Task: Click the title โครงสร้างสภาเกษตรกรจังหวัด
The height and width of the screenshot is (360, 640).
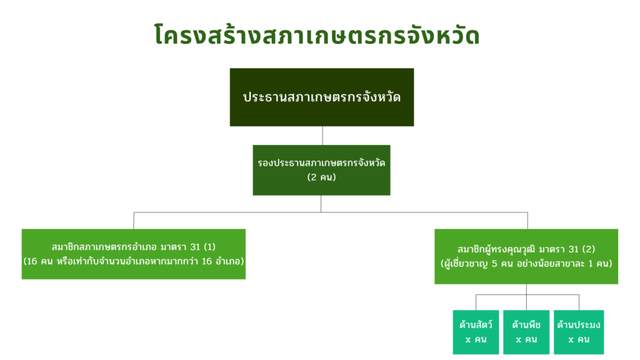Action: click(x=317, y=34)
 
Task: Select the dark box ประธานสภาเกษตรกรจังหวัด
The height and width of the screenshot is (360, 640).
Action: click(x=322, y=97)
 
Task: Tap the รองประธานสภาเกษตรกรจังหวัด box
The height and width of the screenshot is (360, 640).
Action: click(x=322, y=170)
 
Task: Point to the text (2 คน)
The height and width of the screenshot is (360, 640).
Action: click(x=322, y=177)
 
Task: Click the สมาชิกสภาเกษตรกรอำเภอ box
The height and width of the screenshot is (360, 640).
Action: click(x=134, y=254)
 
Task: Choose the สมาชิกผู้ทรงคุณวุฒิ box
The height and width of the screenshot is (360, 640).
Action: click(x=526, y=256)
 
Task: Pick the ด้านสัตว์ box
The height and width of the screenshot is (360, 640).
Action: click(x=476, y=332)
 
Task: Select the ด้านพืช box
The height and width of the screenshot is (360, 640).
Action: click(x=526, y=332)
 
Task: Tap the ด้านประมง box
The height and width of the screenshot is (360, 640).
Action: click(x=579, y=332)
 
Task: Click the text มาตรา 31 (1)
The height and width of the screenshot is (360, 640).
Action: click(x=187, y=247)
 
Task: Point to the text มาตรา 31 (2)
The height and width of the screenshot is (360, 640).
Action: click(x=567, y=249)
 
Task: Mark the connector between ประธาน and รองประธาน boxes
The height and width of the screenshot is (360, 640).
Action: click(x=322, y=136)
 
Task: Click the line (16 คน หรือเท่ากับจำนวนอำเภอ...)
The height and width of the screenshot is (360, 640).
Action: click(x=134, y=261)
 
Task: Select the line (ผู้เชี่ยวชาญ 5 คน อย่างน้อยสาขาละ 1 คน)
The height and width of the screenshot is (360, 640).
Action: click(x=526, y=264)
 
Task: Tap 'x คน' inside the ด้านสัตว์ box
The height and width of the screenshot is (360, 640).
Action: click(x=476, y=339)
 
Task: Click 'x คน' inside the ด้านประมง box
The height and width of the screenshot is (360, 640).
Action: click(x=579, y=339)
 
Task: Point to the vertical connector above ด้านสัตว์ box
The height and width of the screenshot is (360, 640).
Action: click(x=476, y=302)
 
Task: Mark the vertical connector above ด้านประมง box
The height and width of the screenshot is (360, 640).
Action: click(x=579, y=302)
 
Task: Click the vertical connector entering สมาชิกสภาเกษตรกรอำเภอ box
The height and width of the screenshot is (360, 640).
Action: click(x=134, y=221)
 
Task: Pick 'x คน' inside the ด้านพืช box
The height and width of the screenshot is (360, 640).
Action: click(x=526, y=339)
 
